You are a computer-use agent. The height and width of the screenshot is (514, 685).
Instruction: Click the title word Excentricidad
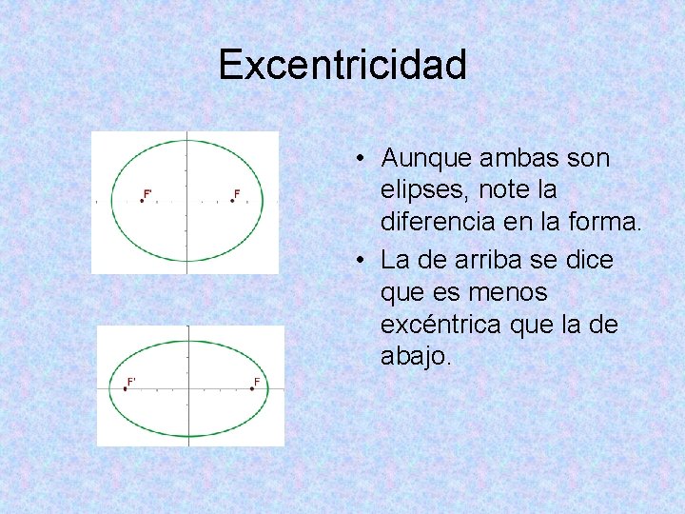pyautogui.click(x=342, y=65)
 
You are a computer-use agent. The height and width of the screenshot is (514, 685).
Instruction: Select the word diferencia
pyautogui.click(x=438, y=224)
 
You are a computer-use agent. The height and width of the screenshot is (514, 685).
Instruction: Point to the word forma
pyautogui.click(x=609, y=224)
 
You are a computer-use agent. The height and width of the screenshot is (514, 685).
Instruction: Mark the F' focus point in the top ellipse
pyautogui.click(x=142, y=201)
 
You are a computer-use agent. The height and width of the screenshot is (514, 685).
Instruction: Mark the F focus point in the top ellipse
pyautogui.click(x=232, y=201)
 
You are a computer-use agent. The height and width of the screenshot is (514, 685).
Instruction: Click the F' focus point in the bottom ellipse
pyautogui.click(x=125, y=388)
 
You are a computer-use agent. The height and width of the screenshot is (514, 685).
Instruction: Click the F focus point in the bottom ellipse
pyautogui.click(x=253, y=388)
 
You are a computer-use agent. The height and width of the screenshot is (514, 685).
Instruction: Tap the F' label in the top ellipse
pyautogui.click(x=147, y=193)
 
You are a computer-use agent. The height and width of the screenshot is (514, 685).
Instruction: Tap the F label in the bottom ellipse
pyautogui.click(x=256, y=382)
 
